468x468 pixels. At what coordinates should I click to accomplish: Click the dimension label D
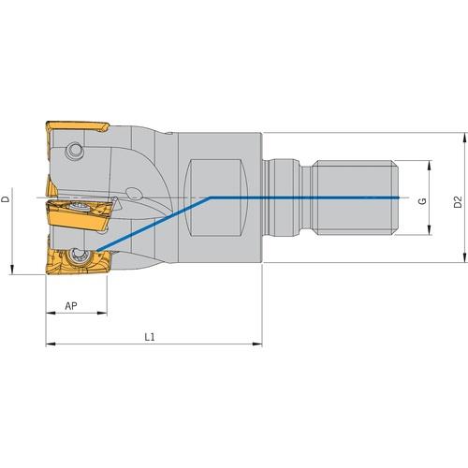pyautogui.click(x=6, y=198)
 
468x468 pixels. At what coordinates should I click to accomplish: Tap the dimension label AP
pyautogui.click(x=71, y=306)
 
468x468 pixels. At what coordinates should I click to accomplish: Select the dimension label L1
pyautogui.click(x=150, y=337)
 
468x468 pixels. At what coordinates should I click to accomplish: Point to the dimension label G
pyautogui.click(x=422, y=201)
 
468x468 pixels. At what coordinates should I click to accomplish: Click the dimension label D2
pyautogui.click(x=458, y=202)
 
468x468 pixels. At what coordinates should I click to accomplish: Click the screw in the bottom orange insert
pyautogui.click(x=77, y=256)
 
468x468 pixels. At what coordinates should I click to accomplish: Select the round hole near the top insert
pyautogui.click(x=75, y=152)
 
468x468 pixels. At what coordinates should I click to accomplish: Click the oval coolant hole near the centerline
pyautogui.click(x=134, y=194)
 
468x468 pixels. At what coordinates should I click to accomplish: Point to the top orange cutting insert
pyautogui.click(x=77, y=126)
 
